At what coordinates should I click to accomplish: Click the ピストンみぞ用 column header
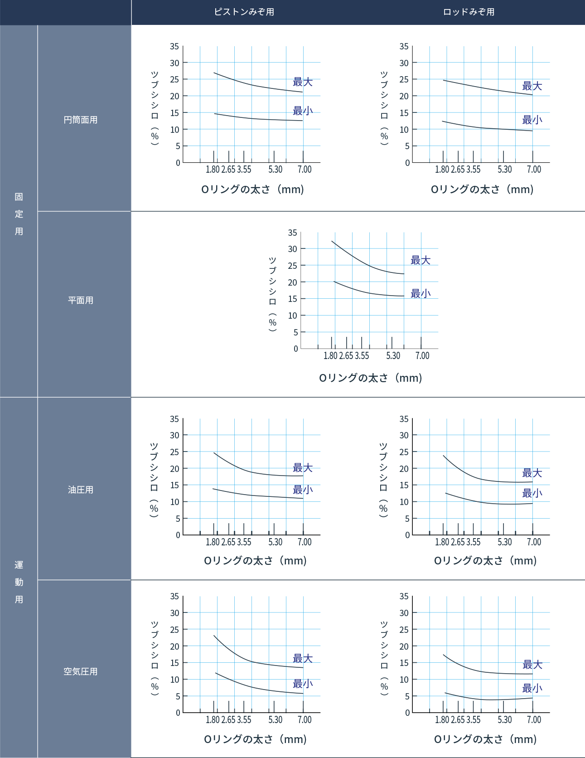pyautogui.click(x=244, y=12)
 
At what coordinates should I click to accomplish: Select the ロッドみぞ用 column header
pyautogui.click(x=469, y=12)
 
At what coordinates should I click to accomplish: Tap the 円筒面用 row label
pyautogui.click(x=81, y=120)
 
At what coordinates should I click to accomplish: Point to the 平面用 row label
pyautogui.click(x=81, y=301)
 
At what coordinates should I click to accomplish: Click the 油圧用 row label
pyautogui.click(x=81, y=490)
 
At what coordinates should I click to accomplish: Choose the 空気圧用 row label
pyautogui.click(x=81, y=672)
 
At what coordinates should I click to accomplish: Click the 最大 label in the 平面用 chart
pyautogui.click(x=421, y=260)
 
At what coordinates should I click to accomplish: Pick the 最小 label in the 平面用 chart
pyautogui.click(x=421, y=294)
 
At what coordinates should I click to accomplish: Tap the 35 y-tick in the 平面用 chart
pyautogui.click(x=293, y=233)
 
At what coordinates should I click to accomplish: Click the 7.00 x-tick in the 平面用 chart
pyautogui.click(x=422, y=356)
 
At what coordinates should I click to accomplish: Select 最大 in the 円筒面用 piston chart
pyautogui.click(x=303, y=82)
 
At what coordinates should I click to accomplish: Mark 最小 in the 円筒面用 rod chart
pyautogui.click(x=532, y=120)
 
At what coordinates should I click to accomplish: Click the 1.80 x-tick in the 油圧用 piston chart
pyautogui.click(x=213, y=542)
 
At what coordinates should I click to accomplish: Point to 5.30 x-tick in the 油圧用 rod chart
pyautogui.click(x=505, y=542)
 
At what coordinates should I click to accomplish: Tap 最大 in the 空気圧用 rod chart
pyautogui.click(x=532, y=665)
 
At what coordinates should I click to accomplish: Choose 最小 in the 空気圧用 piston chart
pyautogui.click(x=303, y=684)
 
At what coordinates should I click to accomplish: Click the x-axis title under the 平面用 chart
pyautogui.click(x=371, y=378)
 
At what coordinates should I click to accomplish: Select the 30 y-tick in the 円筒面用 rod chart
pyautogui.click(x=404, y=63)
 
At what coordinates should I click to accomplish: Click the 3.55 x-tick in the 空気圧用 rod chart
pyautogui.click(x=474, y=720)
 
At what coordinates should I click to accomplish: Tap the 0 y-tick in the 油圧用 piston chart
pyautogui.click(x=178, y=535)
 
